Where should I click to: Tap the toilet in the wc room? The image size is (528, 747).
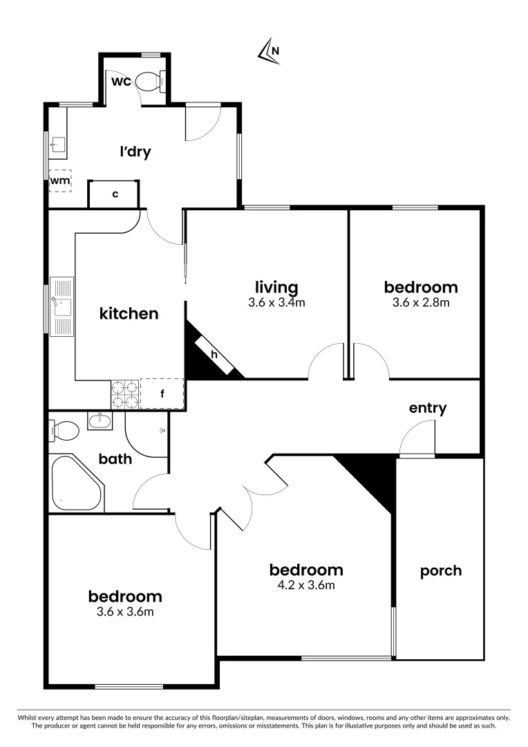pos(149,82)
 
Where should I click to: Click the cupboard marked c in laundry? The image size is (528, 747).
pos(115,194)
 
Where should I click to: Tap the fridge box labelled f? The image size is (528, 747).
pos(162,394)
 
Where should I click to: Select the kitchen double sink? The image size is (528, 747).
pos(62,306)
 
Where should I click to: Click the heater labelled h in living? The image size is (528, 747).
pos(214,355)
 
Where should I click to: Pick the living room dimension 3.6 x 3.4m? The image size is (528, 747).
pos(276,302)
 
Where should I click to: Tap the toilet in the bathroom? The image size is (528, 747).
pos(66,431)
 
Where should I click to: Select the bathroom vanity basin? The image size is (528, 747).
pos(102,419)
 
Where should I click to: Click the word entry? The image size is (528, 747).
pos(427,408)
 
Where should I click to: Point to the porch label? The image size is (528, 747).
pos(441,571)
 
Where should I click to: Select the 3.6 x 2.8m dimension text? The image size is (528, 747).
pos(421,302)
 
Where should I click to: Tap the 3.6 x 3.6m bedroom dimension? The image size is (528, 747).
pos(125,611)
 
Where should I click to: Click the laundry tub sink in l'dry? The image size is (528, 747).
pos(59,144)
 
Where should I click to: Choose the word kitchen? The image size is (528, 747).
pos(129,313)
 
